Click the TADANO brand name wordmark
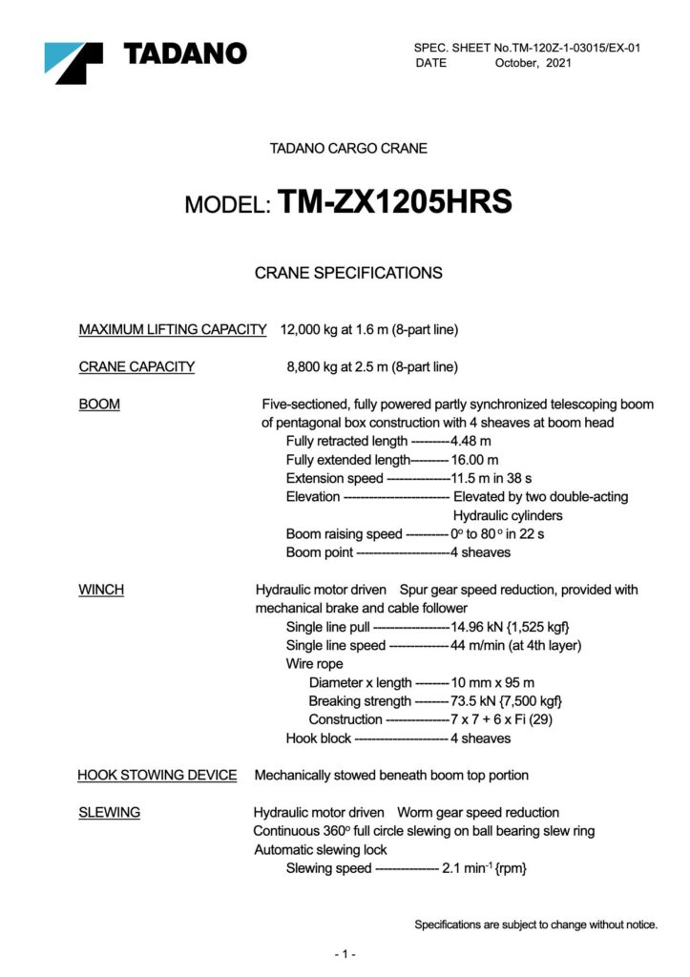pyautogui.click(x=185, y=54)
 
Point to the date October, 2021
pyautogui.click(x=533, y=63)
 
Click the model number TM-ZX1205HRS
pyautogui.click(x=395, y=202)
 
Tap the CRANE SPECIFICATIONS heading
pyautogui.click(x=348, y=273)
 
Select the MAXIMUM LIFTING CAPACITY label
pyautogui.click(x=172, y=330)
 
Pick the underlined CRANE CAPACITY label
pyautogui.click(x=136, y=366)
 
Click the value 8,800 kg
pyautogui.click(x=316, y=366)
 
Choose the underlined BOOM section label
pyautogui.click(x=99, y=405)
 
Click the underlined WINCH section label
pyautogui.click(x=101, y=590)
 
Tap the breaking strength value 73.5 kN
pyautogui.click(x=473, y=701)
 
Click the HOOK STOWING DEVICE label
pyautogui.click(x=157, y=775)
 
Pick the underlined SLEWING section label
pyautogui.click(x=109, y=812)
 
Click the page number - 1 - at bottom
pyautogui.click(x=345, y=954)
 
